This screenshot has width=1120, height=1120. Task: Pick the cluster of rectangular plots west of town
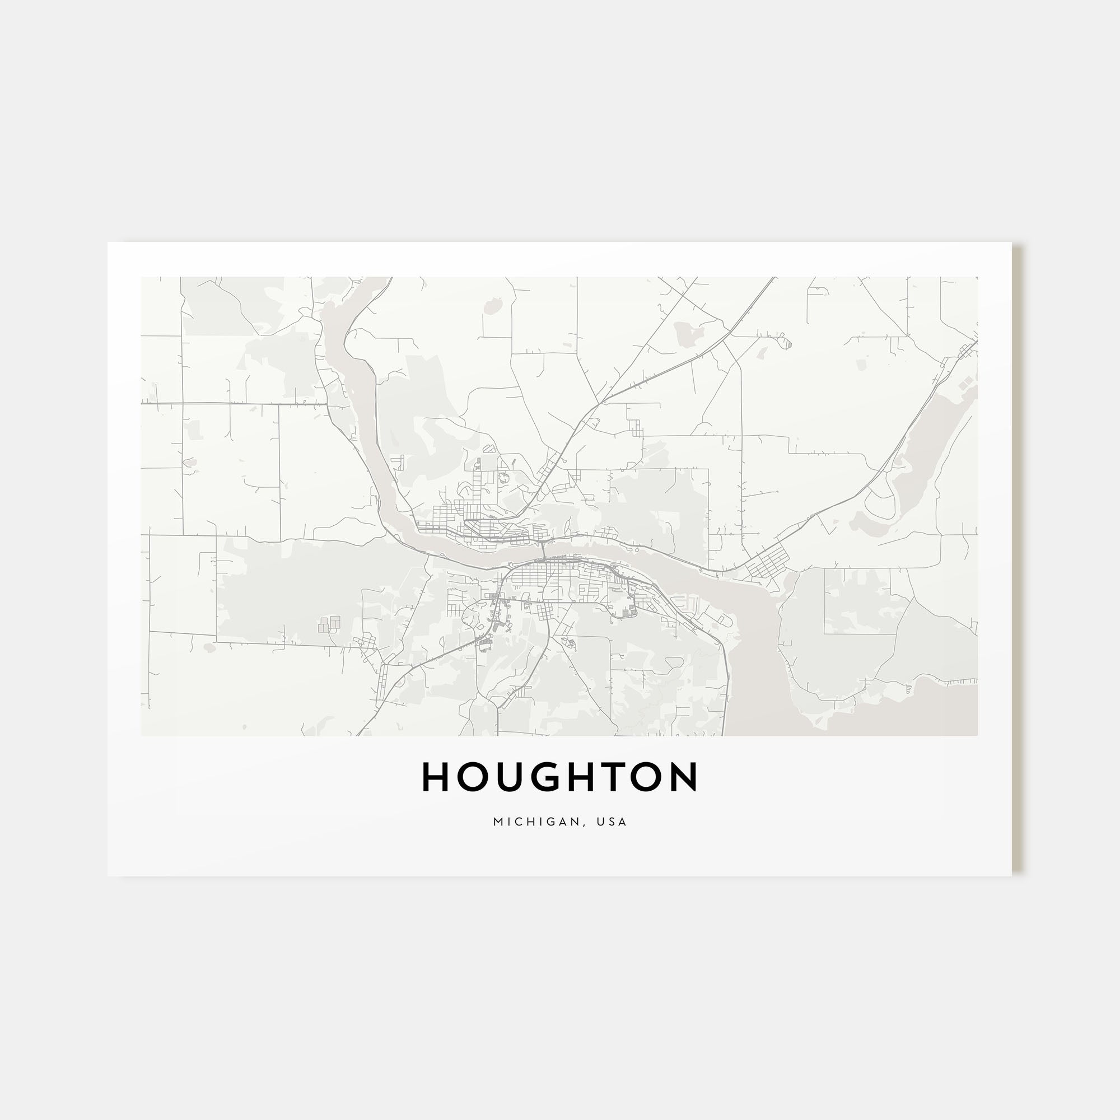329,624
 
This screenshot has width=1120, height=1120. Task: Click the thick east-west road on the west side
232,403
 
